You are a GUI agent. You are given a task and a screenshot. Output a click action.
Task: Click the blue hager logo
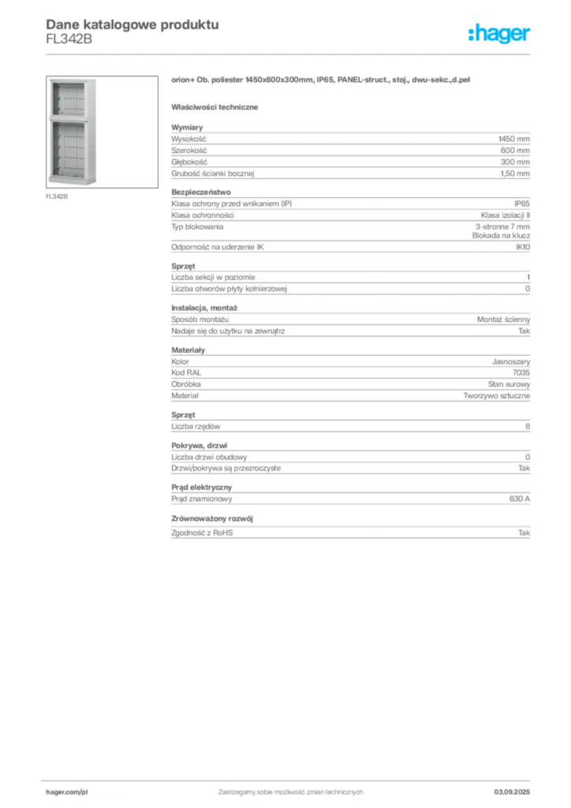tap(501, 36)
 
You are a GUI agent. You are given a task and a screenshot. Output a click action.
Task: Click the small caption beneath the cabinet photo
tap(57, 196)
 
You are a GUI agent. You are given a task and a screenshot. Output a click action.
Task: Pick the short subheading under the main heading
tap(217, 106)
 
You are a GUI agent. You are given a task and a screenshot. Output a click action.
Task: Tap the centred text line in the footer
tap(290, 787)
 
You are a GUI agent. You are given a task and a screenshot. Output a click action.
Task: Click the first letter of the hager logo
tap(471, 36)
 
